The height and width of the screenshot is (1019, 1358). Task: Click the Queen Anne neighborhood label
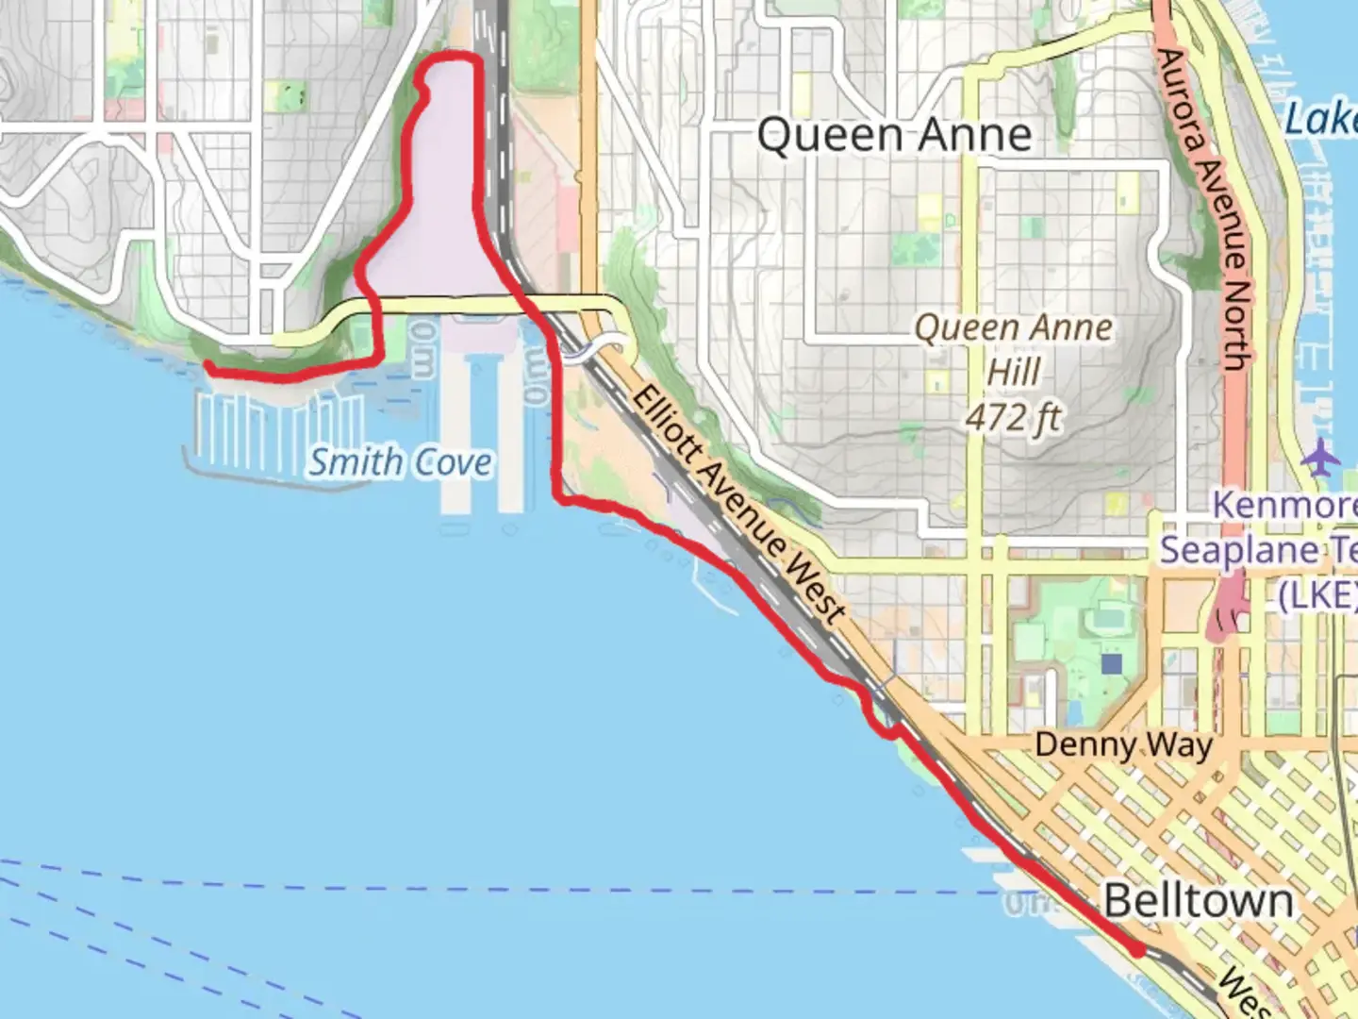pyautogui.click(x=894, y=135)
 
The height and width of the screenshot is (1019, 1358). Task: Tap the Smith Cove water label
pyautogui.click(x=400, y=462)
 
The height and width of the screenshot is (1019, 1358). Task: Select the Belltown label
pyautogui.click(x=1198, y=901)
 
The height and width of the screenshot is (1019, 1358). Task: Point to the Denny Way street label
pyautogui.click(x=1123, y=745)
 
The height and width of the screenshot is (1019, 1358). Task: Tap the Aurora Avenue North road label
pyautogui.click(x=1201, y=208)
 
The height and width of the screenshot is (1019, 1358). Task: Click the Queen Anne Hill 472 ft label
pyautogui.click(x=1014, y=372)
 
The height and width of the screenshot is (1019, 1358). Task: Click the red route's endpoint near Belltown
pyautogui.click(x=1139, y=950)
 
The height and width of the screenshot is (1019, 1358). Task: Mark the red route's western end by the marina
pyautogui.click(x=208, y=368)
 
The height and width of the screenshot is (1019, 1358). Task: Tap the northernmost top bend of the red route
pyautogui.click(x=453, y=58)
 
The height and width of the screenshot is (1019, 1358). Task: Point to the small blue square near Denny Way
pyautogui.click(x=1112, y=664)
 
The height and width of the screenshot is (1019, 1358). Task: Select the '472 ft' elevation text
pyautogui.click(x=1014, y=416)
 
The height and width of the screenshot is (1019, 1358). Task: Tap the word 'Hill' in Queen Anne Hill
pyautogui.click(x=1013, y=373)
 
